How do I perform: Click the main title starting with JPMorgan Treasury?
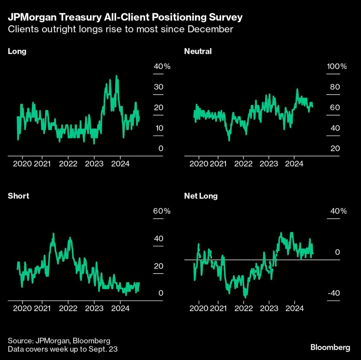(x=125, y=17)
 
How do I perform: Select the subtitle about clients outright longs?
(x=120, y=29)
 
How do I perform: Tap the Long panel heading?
(x=17, y=51)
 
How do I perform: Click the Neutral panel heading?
(x=198, y=51)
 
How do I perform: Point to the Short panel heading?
(x=18, y=196)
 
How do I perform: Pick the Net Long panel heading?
(x=201, y=196)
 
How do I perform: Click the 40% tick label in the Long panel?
(x=162, y=66)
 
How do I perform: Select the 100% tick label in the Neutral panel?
(x=337, y=66)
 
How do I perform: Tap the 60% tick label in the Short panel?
(x=162, y=211)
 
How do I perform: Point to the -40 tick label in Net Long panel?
(x=333, y=293)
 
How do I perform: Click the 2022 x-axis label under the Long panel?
(x=68, y=164)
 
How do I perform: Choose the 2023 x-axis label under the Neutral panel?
(x=269, y=164)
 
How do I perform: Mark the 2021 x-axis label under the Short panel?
(x=42, y=308)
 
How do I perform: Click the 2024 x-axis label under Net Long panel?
(x=294, y=308)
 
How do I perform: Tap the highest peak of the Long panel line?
(x=116, y=76)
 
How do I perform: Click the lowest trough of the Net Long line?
(x=245, y=297)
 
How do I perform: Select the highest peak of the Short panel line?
(x=54, y=233)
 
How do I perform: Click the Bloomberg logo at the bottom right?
(x=330, y=347)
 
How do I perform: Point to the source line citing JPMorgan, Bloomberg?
(x=59, y=341)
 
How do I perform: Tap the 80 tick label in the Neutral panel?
(x=335, y=87)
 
